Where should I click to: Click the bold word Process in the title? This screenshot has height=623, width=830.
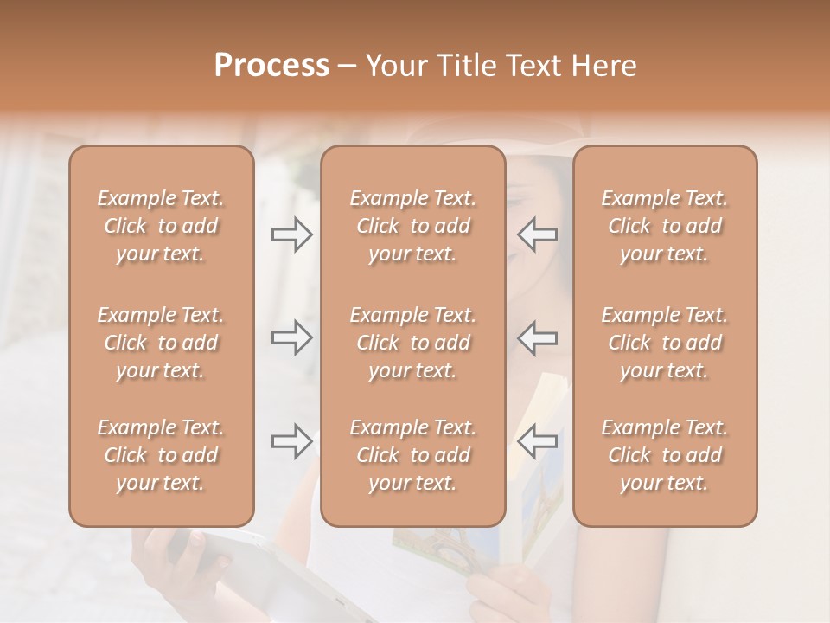tap(271, 66)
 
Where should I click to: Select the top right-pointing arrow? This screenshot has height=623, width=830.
tap(291, 234)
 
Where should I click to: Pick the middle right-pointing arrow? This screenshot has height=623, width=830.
tap(291, 337)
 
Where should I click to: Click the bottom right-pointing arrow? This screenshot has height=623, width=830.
tap(291, 441)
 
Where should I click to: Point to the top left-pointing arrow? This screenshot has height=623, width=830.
tap(537, 234)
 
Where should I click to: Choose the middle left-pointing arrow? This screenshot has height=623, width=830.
tap(537, 337)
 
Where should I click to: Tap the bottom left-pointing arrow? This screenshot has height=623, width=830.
tap(537, 441)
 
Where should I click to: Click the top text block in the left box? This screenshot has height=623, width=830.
tap(161, 226)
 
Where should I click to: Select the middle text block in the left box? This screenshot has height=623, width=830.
tap(161, 343)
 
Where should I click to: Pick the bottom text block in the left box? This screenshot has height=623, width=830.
tap(161, 455)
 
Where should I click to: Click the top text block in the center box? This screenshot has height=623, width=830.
tap(412, 226)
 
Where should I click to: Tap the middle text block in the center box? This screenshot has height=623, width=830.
tap(412, 343)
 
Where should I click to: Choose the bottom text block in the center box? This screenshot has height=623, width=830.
tap(412, 455)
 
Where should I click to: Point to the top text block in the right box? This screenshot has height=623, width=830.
tap(664, 226)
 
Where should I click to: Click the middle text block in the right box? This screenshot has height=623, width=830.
tap(664, 343)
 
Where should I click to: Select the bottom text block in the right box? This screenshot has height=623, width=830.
tap(664, 455)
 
